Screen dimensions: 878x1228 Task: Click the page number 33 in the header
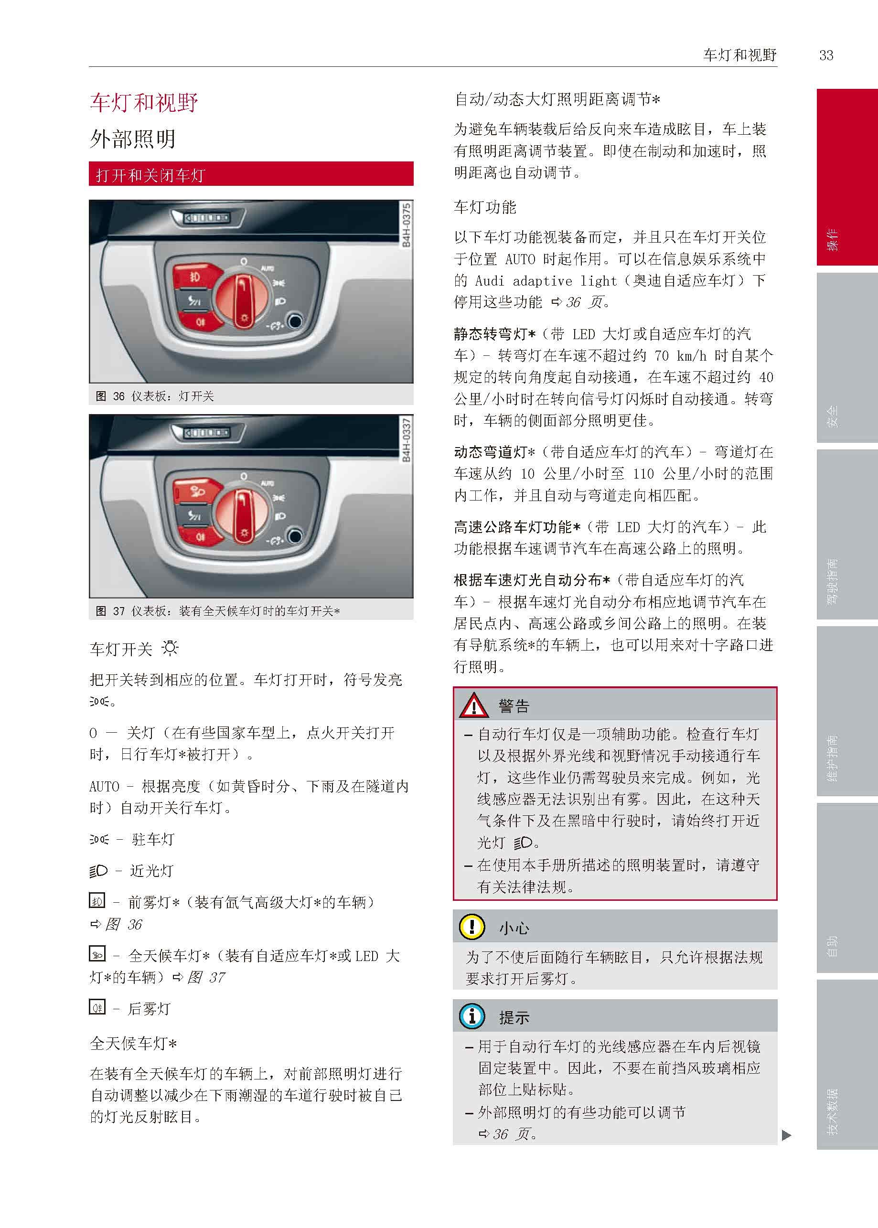(x=825, y=55)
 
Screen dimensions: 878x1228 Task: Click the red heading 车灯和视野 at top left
(x=144, y=102)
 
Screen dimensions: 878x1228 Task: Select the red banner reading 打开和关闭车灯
(x=251, y=174)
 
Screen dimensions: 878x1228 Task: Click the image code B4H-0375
(x=406, y=225)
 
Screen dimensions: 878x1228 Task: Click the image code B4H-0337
(x=406, y=439)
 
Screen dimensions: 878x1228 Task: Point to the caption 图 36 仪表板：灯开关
(x=155, y=396)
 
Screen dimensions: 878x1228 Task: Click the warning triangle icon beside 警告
(x=473, y=705)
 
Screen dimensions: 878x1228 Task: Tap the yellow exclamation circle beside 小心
(x=472, y=927)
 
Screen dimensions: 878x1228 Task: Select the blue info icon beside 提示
(x=472, y=1017)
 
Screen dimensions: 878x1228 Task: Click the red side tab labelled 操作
(x=847, y=177)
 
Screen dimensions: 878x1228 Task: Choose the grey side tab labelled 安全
(x=847, y=358)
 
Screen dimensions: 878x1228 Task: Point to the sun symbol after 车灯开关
(x=170, y=648)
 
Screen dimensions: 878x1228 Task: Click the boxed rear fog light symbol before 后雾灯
(x=97, y=1007)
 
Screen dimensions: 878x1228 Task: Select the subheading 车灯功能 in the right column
(x=485, y=207)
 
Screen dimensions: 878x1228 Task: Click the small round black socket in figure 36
(x=295, y=321)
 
